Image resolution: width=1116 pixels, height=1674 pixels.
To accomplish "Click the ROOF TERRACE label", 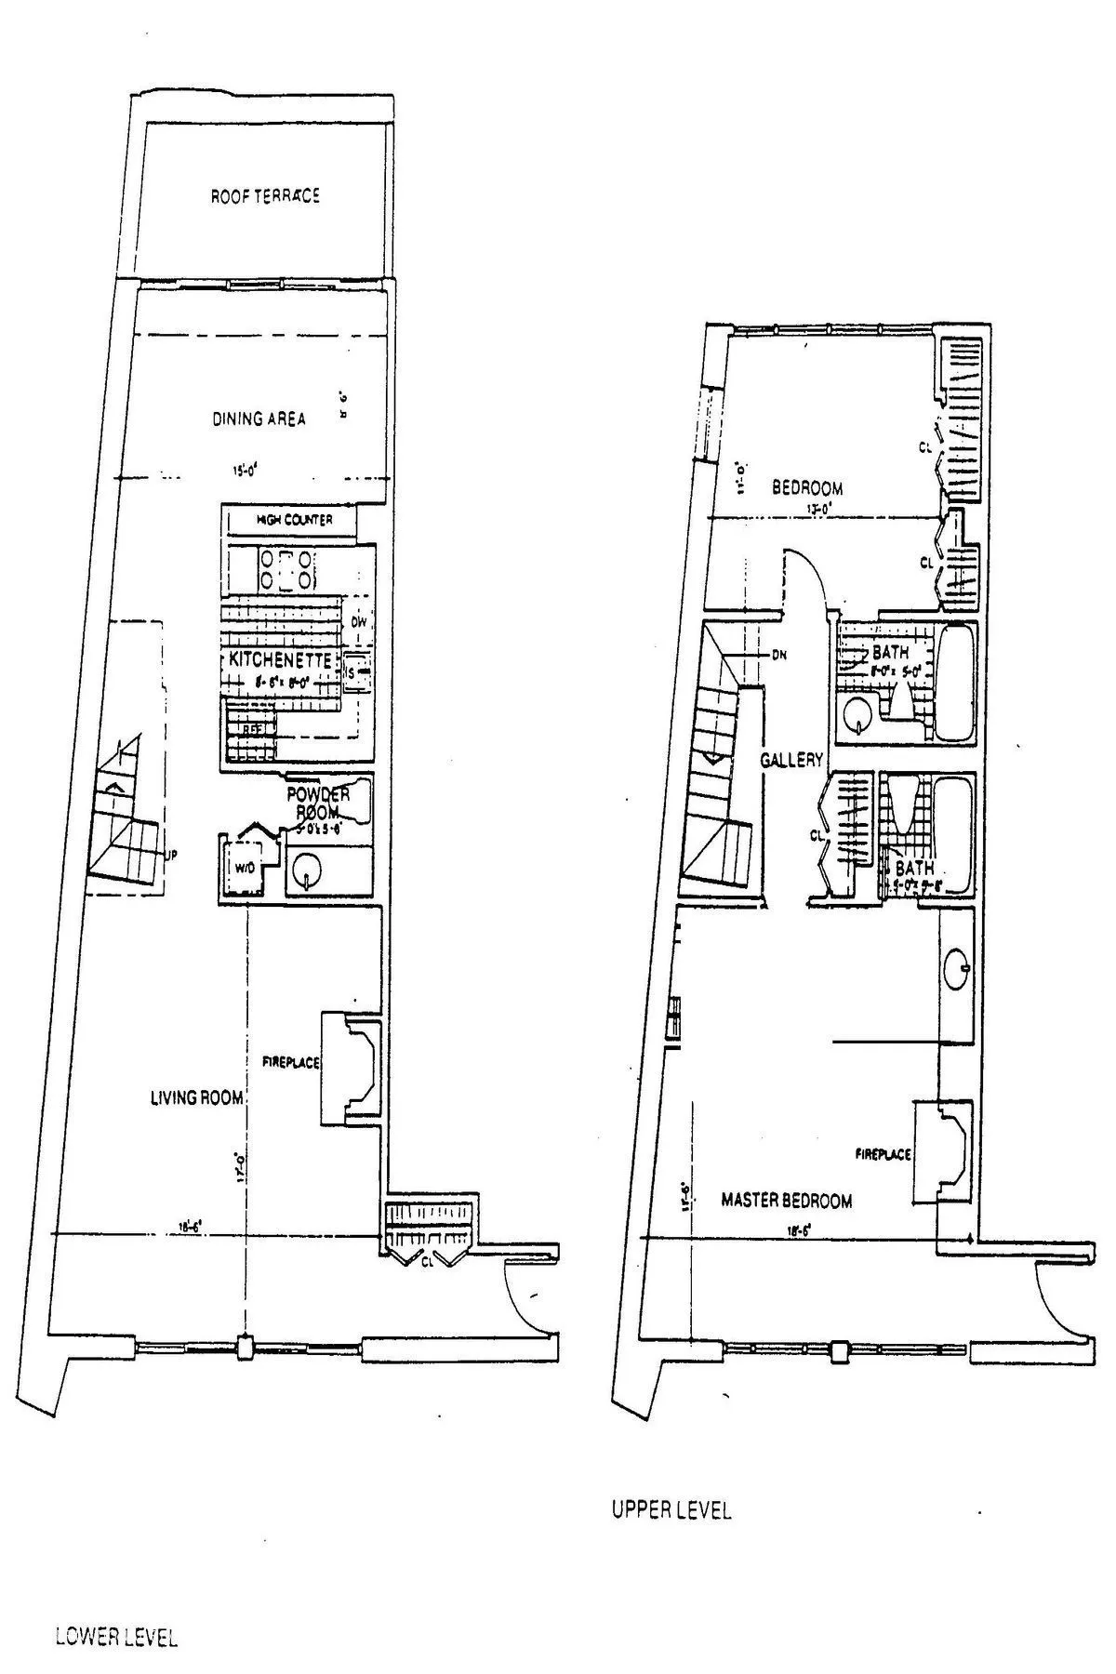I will pos(265,196).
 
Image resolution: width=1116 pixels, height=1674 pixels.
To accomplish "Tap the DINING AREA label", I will pos(259,418).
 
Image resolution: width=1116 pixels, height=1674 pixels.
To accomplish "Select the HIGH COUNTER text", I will pos(293,520).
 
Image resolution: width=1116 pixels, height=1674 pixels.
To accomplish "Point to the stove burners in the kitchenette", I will pos(288,569).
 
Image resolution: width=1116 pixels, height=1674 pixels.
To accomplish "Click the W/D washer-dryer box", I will pos(241,868).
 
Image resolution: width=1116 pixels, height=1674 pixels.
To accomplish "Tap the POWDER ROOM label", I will pos(318,803).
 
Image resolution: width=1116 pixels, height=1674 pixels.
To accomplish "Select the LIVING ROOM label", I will pos(196,1098).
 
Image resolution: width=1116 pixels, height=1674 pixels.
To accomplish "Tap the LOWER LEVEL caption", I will pos(116,1612).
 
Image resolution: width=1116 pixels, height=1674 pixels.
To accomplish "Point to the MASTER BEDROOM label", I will pos(787,1201).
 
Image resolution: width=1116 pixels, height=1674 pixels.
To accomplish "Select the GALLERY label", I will pos(791,760).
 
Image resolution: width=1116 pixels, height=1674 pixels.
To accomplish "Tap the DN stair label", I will pos(779,654).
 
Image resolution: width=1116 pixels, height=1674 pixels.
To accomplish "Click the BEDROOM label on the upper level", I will pos(807,487).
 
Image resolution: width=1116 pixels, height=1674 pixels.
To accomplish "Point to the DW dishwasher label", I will pos(358,621).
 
